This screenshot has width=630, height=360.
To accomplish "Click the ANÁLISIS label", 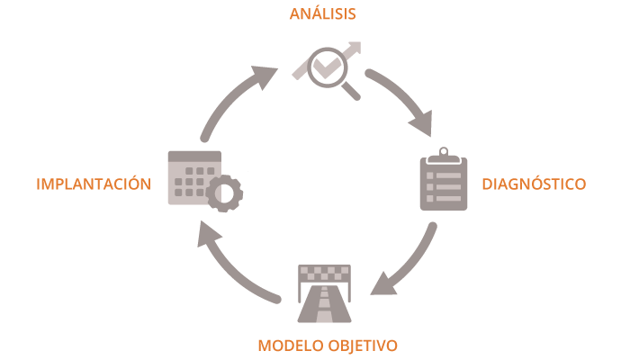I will point(322,13).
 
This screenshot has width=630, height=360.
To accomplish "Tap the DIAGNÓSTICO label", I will point(534,184).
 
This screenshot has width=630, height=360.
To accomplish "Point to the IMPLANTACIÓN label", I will point(93,184).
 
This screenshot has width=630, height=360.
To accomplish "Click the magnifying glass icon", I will point(327,67).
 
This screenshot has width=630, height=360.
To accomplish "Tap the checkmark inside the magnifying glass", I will point(325,66).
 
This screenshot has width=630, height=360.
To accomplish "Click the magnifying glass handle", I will point(350,90).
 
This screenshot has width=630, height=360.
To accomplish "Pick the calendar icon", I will point(193,177).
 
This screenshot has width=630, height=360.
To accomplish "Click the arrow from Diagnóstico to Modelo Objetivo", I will point(409,261).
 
